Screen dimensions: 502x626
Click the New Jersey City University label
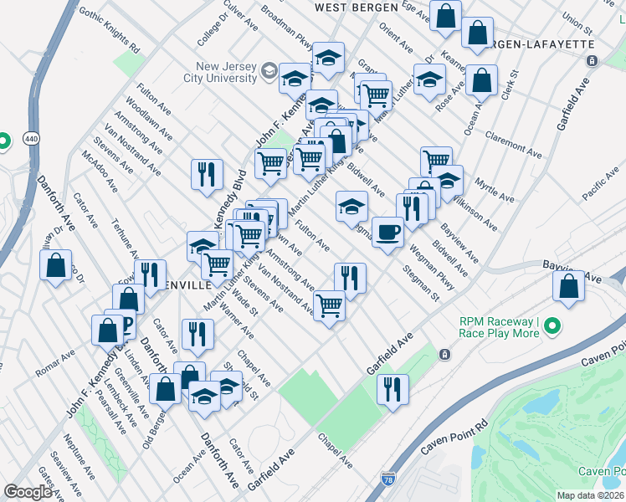[x=226, y=73]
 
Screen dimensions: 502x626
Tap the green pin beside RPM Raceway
[x=552, y=327]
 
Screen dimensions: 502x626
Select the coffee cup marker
[x=387, y=232]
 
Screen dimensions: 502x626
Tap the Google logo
[x=28, y=492]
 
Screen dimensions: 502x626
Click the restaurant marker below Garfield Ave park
[x=391, y=388]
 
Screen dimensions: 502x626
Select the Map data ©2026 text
[x=591, y=495]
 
